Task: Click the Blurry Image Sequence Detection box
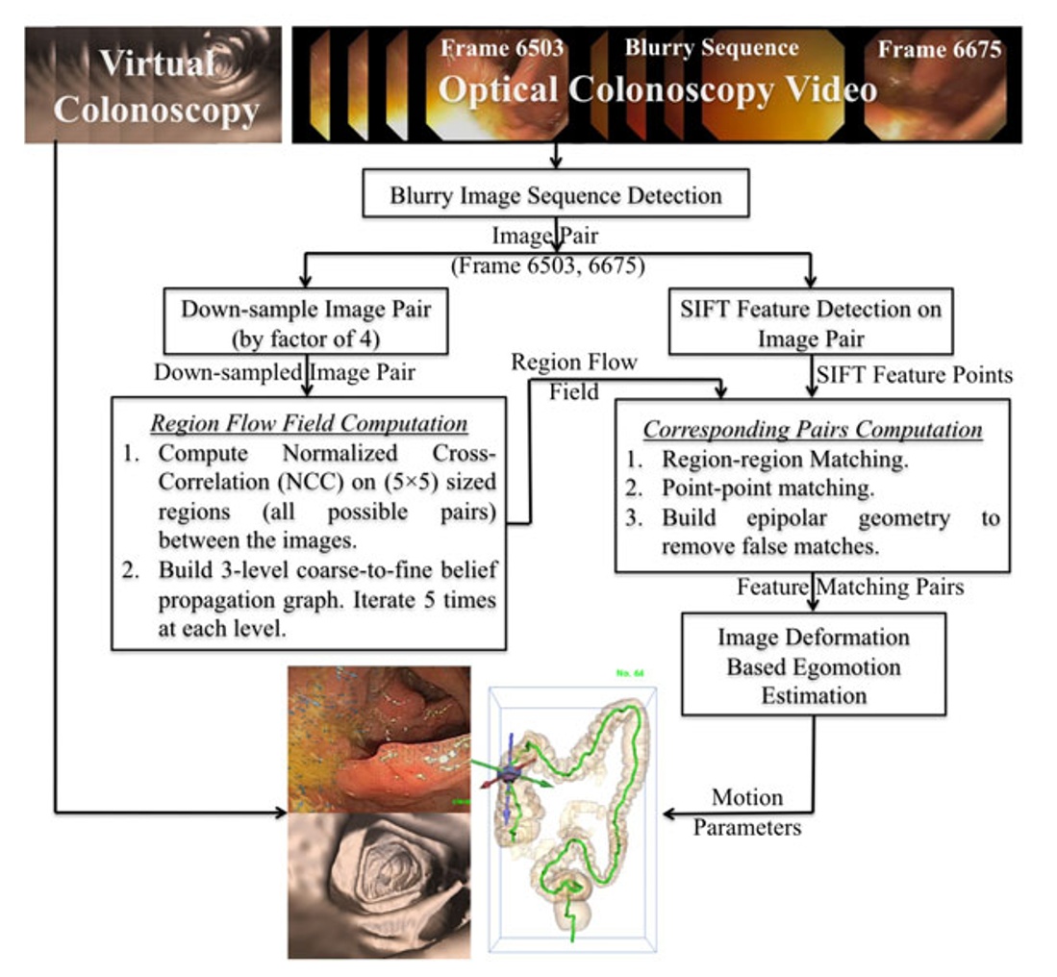pyautogui.click(x=556, y=196)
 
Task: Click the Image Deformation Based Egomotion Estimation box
pyautogui.click(x=814, y=665)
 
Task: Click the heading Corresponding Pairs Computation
pyautogui.click(x=813, y=429)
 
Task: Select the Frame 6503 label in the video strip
pyautogui.click(x=502, y=49)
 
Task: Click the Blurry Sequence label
pyautogui.click(x=711, y=47)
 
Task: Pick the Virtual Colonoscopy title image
pyautogui.click(x=154, y=85)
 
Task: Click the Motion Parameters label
pyautogui.click(x=747, y=812)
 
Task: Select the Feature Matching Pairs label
pyautogui.click(x=850, y=587)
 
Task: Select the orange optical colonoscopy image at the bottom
pyautogui.click(x=379, y=738)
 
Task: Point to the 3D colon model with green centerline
pyautogui.click(x=573, y=817)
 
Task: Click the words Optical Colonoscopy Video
pyautogui.click(x=658, y=90)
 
